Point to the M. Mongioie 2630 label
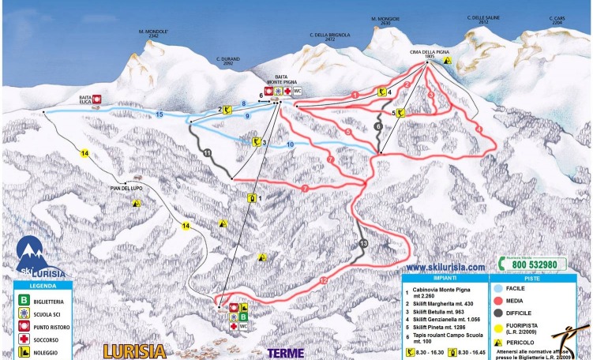[385, 21]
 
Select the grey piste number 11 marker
[207, 151]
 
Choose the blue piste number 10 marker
[291, 144]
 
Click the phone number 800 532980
[539, 264]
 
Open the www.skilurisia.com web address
[446, 268]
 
